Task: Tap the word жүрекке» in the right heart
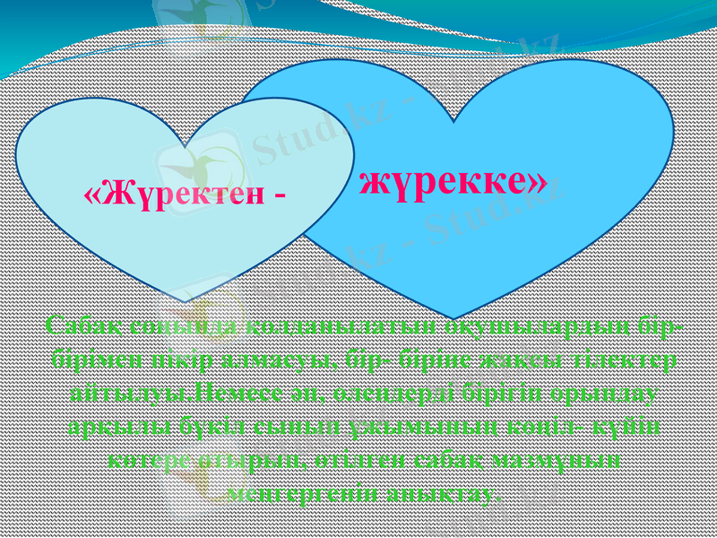[x=454, y=180]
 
